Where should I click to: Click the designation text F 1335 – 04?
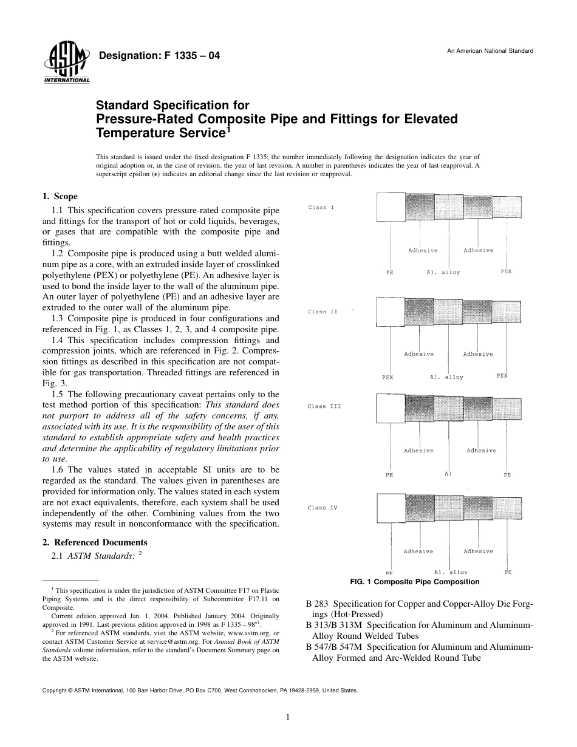point(159,56)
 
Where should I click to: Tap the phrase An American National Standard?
point(490,51)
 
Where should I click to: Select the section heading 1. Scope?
point(60,196)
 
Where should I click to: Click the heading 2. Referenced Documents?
point(95,542)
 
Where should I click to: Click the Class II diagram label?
point(322,312)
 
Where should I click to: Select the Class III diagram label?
point(324,406)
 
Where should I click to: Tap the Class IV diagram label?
point(322,508)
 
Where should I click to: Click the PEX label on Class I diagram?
point(506,271)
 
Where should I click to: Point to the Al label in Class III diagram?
point(448,474)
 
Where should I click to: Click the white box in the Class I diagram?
point(391,206)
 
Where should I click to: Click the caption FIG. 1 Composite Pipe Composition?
point(415,582)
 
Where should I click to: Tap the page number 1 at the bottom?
point(288,717)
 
